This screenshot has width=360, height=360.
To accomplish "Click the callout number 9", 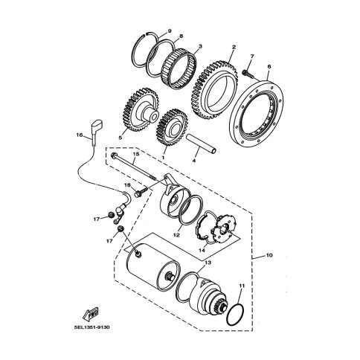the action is (170, 31).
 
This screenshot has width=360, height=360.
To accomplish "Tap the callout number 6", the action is (269, 66).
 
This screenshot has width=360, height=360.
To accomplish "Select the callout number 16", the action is (79, 135).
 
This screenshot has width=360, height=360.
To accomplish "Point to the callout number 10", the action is (269, 255).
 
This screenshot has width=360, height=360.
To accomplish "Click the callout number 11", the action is (242, 286).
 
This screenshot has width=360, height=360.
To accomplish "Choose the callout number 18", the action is (127, 185).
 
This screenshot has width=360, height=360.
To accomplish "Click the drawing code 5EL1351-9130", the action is (91, 327).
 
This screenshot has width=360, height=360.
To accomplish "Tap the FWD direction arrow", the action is (90, 313).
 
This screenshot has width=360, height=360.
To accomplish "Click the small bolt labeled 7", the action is (247, 73).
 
